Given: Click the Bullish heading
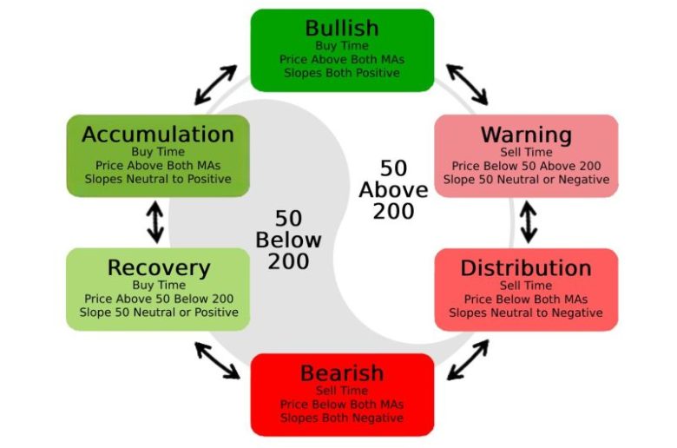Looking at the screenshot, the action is pyautogui.click(x=342, y=29).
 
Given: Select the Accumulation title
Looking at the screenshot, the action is pyautogui.click(x=158, y=135).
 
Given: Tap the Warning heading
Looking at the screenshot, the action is pyautogui.click(x=526, y=135).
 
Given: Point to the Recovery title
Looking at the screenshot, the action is pyautogui.click(x=159, y=268).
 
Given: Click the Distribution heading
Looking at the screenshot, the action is pyautogui.click(x=526, y=268).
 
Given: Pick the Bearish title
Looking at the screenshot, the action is pyautogui.click(x=342, y=373).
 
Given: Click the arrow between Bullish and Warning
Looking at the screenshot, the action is pyautogui.click(x=467, y=85).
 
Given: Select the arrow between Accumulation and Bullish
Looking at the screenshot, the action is pyautogui.click(x=215, y=85).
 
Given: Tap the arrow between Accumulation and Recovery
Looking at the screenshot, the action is pyautogui.click(x=155, y=222).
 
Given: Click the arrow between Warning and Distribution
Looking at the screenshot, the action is pyautogui.click(x=529, y=222).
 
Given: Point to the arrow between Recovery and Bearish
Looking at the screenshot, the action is pyautogui.click(x=217, y=360).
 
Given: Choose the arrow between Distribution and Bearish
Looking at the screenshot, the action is pyautogui.click(x=468, y=359).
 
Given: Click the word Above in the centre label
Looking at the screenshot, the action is pyautogui.click(x=393, y=190).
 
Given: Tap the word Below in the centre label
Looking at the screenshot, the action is pyautogui.click(x=288, y=240).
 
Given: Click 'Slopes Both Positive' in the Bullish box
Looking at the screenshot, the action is pyautogui.click(x=342, y=73).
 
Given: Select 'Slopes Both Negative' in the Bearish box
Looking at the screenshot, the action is pyautogui.click(x=342, y=418).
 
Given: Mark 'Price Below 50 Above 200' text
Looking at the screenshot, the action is pyautogui.click(x=526, y=166).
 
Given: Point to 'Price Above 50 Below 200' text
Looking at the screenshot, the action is pyautogui.click(x=159, y=299).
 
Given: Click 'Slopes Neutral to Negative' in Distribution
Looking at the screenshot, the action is pyautogui.click(x=526, y=313).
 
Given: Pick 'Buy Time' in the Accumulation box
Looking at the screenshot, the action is pyautogui.click(x=158, y=152).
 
